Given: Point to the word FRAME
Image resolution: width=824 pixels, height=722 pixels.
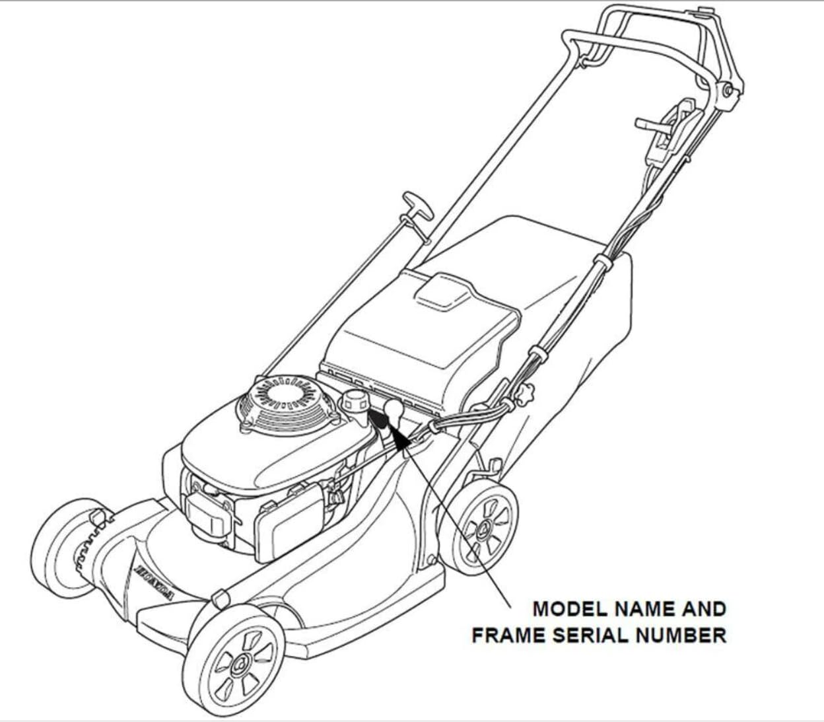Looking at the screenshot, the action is coord(508,635).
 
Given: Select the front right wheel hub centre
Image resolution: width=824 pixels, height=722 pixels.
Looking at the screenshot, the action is coord(241,662).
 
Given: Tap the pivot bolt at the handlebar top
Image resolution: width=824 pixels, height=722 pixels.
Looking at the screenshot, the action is coord(728,91).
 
